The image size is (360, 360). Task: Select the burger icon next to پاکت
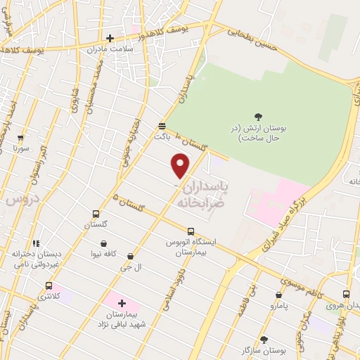[x=162, y=125]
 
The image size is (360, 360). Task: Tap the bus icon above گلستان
[x=96, y=214]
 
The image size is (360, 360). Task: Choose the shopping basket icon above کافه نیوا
[x=103, y=243]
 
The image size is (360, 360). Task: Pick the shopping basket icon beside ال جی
[x=131, y=257]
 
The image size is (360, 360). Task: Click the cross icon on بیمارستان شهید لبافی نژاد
[x=122, y=302]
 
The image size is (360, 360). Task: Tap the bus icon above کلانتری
[x=49, y=285]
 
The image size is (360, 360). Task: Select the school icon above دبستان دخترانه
[x=36, y=243]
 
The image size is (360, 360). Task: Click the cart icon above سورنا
[x=20, y=138]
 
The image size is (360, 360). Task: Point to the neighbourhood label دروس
[x=20, y=200]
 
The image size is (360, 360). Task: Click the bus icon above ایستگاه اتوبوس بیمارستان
[x=191, y=231]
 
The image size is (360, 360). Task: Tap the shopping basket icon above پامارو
[x=279, y=295]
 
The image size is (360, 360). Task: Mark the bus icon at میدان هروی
[x=346, y=294]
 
